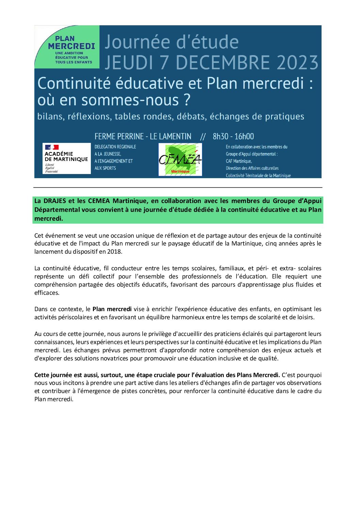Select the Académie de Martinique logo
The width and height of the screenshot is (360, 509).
click(66, 158)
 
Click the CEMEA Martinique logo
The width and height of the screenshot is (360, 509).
click(180, 159)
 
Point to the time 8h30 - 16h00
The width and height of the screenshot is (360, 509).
click(233, 137)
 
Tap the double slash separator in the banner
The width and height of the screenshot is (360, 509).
click(203, 137)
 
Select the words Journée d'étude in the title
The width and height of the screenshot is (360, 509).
click(171, 42)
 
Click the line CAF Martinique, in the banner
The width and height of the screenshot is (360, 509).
click(239, 161)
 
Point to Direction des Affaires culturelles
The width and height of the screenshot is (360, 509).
click(252, 168)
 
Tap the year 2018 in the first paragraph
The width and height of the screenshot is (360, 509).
click(115, 252)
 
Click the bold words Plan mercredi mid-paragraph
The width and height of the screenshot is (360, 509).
click(112, 309)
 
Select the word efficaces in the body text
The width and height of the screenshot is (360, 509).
click(47, 293)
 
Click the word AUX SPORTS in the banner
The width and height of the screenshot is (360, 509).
click(105, 168)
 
